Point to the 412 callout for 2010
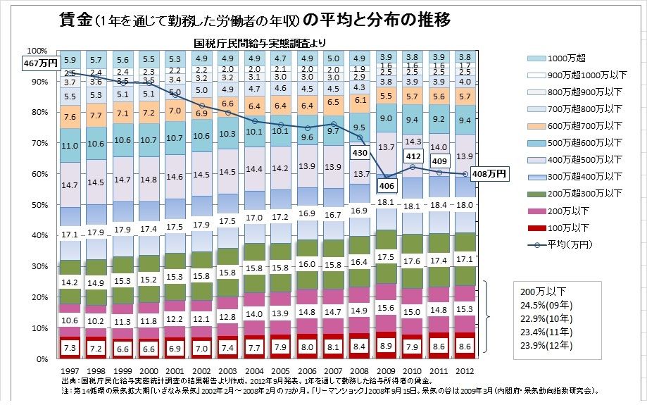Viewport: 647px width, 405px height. click(413, 156)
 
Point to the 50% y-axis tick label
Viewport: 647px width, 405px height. click(37, 205)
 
